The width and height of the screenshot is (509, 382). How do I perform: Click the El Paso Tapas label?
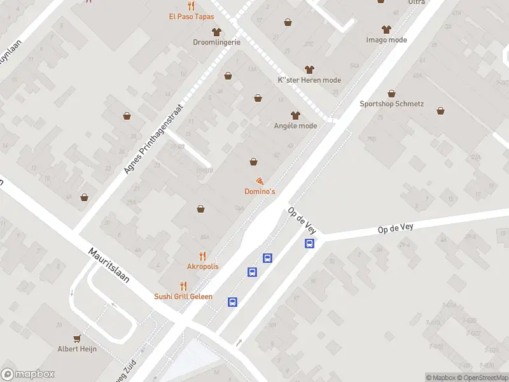(x=192, y=17)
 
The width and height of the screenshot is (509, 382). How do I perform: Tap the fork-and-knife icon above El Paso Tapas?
(x=190, y=6)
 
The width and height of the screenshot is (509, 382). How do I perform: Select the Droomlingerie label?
(x=216, y=42)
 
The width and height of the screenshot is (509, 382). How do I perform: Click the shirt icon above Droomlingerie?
(x=216, y=31)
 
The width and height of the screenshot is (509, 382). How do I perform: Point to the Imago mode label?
(x=386, y=39)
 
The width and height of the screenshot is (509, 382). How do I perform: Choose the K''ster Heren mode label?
(x=310, y=80)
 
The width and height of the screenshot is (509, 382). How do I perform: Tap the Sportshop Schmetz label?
(x=391, y=104)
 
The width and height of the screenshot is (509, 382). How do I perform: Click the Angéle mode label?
(x=295, y=125)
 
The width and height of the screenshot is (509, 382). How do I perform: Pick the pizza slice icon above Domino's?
(x=260, y=181)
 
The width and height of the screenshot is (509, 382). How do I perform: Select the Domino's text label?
(x=260, y=192)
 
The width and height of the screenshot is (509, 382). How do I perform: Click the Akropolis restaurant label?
(x=202, y=266)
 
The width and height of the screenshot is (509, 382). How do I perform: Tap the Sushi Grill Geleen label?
(x=183, y=296)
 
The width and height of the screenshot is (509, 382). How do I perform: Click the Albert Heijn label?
(x=77, y=349)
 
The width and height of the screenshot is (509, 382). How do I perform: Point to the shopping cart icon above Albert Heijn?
(x=77, y=338)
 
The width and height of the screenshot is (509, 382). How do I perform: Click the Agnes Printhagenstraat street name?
(x=153, y=139)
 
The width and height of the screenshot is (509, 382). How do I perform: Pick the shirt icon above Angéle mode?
(x=295, y=115)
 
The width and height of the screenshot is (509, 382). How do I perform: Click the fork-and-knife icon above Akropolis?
(x=202, y=256)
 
